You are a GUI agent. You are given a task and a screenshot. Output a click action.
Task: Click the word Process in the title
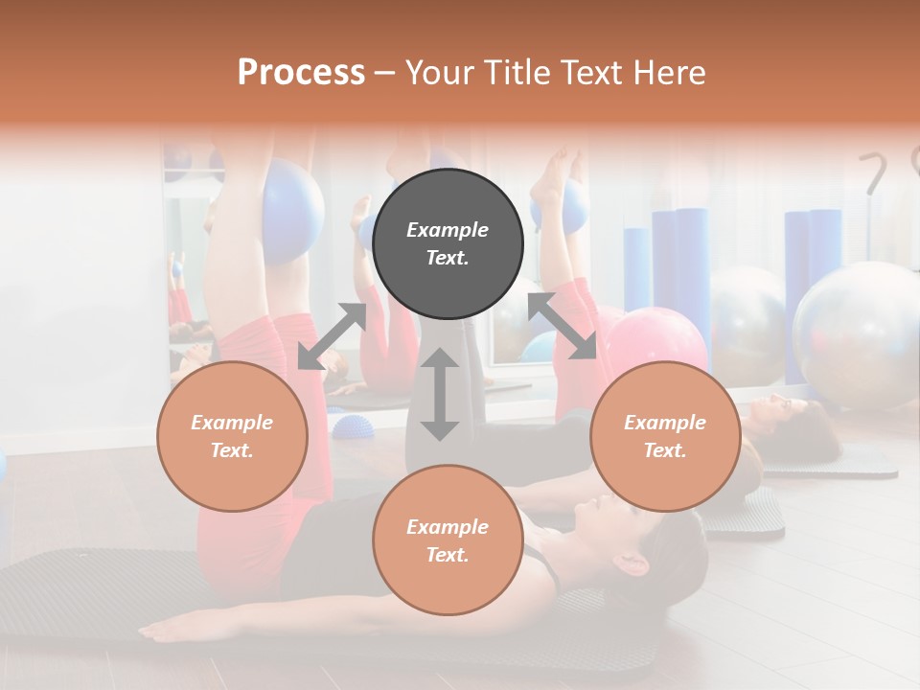click(301, 73)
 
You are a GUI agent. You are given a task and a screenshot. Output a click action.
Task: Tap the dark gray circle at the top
click(448, 244)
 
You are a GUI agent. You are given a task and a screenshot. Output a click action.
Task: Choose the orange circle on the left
click(232, 436)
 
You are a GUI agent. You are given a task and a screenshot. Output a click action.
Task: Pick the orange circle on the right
click(664, 436)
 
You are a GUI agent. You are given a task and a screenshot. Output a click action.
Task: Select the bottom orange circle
click(448, 540)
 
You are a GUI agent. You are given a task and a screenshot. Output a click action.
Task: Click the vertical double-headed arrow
click(440, 394)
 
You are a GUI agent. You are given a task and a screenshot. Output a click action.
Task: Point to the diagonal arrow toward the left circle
click(332, 336)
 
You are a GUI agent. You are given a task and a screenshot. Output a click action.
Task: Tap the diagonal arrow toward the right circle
click(563, 326)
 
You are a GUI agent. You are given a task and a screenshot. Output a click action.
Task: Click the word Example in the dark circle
click(448, 230)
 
